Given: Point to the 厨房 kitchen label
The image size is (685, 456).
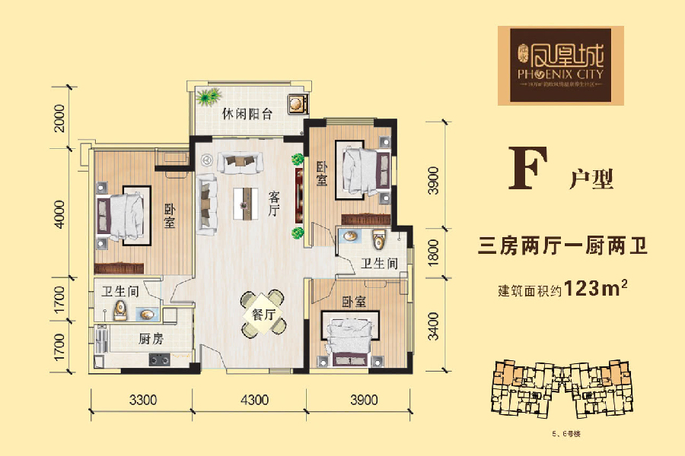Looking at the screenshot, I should click(151, 340).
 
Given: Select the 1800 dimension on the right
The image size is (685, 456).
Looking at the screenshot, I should click(432, 252).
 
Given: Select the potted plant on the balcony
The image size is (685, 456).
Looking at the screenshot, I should click(207, 97).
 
